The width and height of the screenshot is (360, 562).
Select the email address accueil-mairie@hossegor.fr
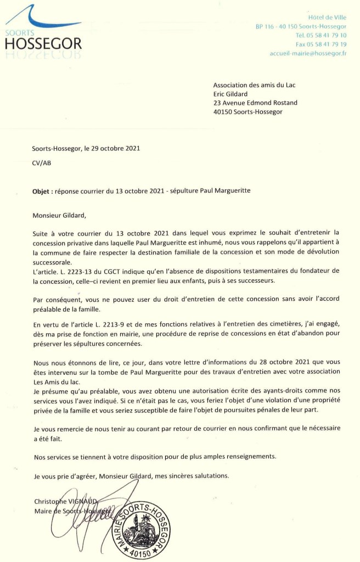pyautogui.click(x=308, y=53)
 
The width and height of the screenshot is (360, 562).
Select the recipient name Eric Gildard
pyautogui.click(x=231, y=93)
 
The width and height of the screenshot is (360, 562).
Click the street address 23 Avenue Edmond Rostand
pyautogui.click(x=256, y=103)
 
